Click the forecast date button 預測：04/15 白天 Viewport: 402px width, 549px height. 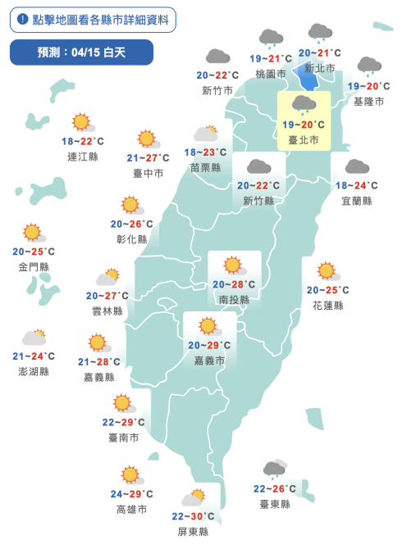(81, 52)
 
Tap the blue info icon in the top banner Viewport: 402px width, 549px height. (22, 18)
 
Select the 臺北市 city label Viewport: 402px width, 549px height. (304, 140)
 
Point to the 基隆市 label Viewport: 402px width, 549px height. (368, 102)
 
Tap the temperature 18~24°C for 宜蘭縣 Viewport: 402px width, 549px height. (357, 185)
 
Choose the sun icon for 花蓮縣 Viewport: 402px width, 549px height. (327, 271)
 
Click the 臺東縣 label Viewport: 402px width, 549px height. (275, 504)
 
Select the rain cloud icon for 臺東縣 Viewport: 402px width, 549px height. (274, 470)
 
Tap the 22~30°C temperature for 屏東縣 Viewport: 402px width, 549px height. (194, 516)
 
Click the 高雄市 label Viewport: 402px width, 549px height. (131, 509)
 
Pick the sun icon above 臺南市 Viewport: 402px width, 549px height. (123, 403)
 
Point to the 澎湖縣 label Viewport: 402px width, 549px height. (33, 371)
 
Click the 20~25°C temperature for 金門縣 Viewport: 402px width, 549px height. (34, 252)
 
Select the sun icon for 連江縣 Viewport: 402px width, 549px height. (81, 123)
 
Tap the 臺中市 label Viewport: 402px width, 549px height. (148, 173)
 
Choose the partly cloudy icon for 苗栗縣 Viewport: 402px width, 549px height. (206, 134)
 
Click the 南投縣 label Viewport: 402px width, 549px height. (234, 300)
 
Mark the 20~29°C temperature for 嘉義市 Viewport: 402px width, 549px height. (208, 345)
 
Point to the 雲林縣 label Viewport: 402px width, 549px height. (107, 311)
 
